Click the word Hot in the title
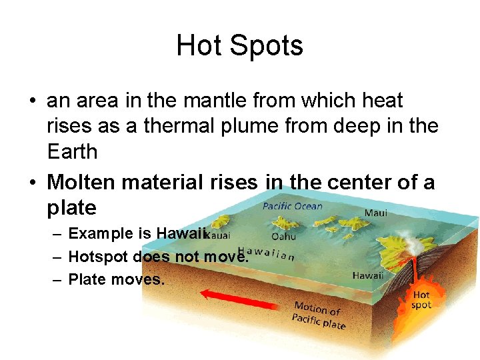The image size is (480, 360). click(x=197, y=45)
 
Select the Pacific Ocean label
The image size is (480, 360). click(x=292, y=206)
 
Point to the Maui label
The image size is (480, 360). click(x=375, y=213)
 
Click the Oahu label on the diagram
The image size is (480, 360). click(x=284, y=236)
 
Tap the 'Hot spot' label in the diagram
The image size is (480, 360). click(x=421, y=299)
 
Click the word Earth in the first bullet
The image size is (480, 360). click(x=72, y=152)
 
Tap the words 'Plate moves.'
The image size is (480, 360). click(x=116, y=279)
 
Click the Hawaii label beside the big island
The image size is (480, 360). click(x=367, y=275)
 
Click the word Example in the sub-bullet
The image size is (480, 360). click(x=99, y=233)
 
